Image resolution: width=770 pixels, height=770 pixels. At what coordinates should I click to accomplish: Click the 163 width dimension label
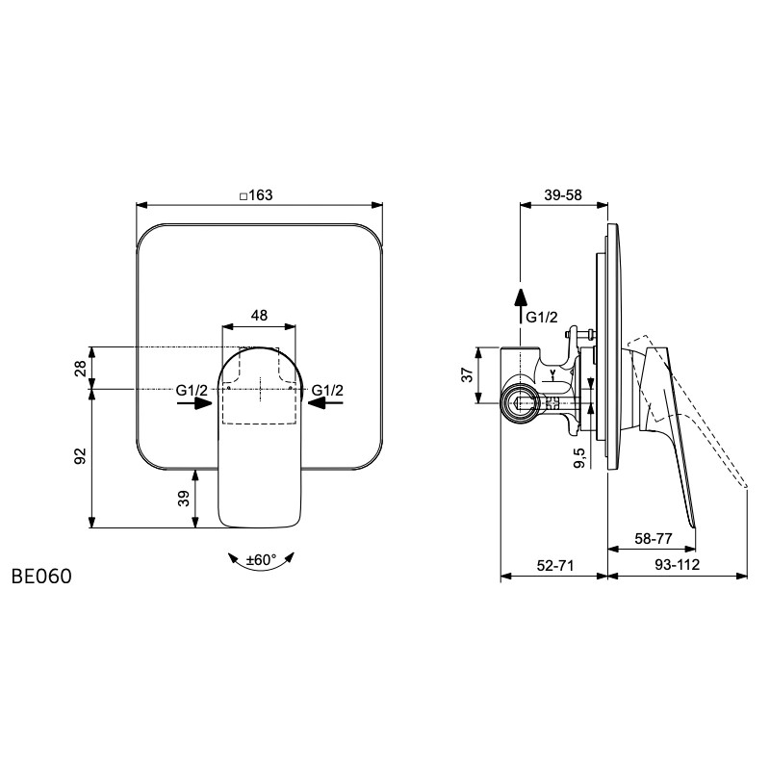coord(256,195)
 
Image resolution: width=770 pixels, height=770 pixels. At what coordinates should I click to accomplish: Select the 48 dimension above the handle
coord(259,315)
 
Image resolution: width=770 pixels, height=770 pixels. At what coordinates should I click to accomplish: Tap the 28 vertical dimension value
coord(81,368)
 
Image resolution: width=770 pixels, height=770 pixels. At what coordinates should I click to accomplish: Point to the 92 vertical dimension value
coord(81,456)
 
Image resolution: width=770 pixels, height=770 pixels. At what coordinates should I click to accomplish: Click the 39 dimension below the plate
coord(183,499)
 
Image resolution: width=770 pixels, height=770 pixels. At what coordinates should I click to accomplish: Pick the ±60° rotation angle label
coord(261,559)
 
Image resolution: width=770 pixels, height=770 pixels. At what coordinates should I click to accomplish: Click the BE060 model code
coord(41,577)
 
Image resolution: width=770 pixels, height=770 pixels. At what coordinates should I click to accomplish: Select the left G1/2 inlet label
coord(192,391)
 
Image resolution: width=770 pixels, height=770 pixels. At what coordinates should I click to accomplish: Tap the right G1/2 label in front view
coord(327,391)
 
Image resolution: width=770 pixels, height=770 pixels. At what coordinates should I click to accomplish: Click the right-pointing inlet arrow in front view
coord(194,403)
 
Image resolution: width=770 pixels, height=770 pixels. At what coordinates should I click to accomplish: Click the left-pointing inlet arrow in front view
coord(325,403)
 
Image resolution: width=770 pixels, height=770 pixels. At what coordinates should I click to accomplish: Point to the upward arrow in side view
coord(521,305)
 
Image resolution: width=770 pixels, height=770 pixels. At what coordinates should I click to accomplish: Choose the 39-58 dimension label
coord(563,195)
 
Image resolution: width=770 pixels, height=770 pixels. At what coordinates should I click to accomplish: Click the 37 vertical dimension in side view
coord(469,374)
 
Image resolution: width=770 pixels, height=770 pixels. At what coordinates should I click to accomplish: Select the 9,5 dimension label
coord(579,457)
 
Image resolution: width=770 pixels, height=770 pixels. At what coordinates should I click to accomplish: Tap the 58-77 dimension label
coord(654,539)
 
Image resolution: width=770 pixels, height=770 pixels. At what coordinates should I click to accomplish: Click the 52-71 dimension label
coord(555,565)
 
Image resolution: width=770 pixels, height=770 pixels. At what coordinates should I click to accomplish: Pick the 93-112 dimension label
coord(678,565)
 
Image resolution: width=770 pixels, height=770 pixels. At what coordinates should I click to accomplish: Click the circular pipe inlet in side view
coord(520,403)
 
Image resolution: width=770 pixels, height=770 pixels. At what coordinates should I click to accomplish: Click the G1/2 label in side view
coord(542,318)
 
